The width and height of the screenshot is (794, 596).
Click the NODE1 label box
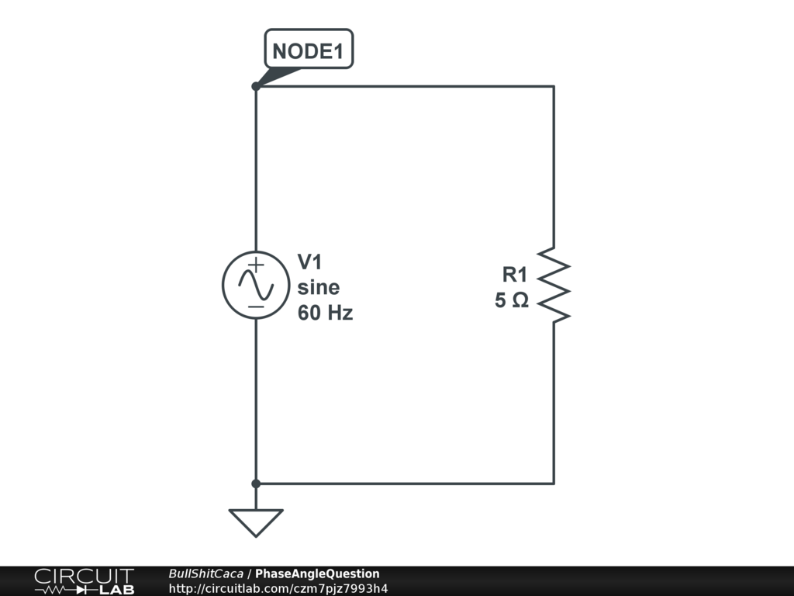(x=309, y=52)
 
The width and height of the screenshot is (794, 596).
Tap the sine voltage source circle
(x=256, y=285)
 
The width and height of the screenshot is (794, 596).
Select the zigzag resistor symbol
(x=554, y=285)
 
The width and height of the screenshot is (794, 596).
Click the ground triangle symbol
(x=256, y=521)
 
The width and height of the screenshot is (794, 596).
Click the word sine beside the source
(x=319, y=288)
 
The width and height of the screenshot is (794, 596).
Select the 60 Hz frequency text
(x=325, y=314)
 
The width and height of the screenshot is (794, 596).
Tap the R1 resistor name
(x=515, y=274)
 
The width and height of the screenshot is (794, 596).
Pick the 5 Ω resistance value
(x=512, y=300)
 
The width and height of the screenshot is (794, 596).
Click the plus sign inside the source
(x=256, y=265)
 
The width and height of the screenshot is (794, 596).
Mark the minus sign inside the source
(x=256, y=307)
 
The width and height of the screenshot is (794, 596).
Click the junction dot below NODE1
(x=256, y=86)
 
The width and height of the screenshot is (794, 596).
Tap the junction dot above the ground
(x=256, y=483)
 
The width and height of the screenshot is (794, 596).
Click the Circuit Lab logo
(x=84, y=581)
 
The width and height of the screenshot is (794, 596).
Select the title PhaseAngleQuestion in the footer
(x=317, y=573)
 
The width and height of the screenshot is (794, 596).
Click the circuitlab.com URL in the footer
(x=278, y=588)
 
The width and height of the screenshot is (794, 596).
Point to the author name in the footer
(x=205, y=573)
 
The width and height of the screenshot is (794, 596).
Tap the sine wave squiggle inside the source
(x=256, y=286)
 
